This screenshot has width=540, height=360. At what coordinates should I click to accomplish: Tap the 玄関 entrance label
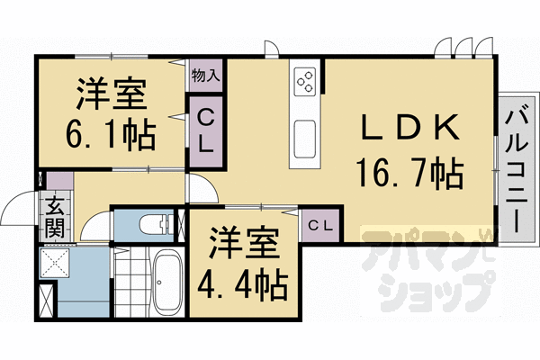coord(55,216)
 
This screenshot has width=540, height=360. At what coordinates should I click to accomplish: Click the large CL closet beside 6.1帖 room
coord(205,130)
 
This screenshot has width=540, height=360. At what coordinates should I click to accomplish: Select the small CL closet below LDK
coord(319,224)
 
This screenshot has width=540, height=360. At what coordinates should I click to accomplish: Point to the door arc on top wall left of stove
coord(272,49)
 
